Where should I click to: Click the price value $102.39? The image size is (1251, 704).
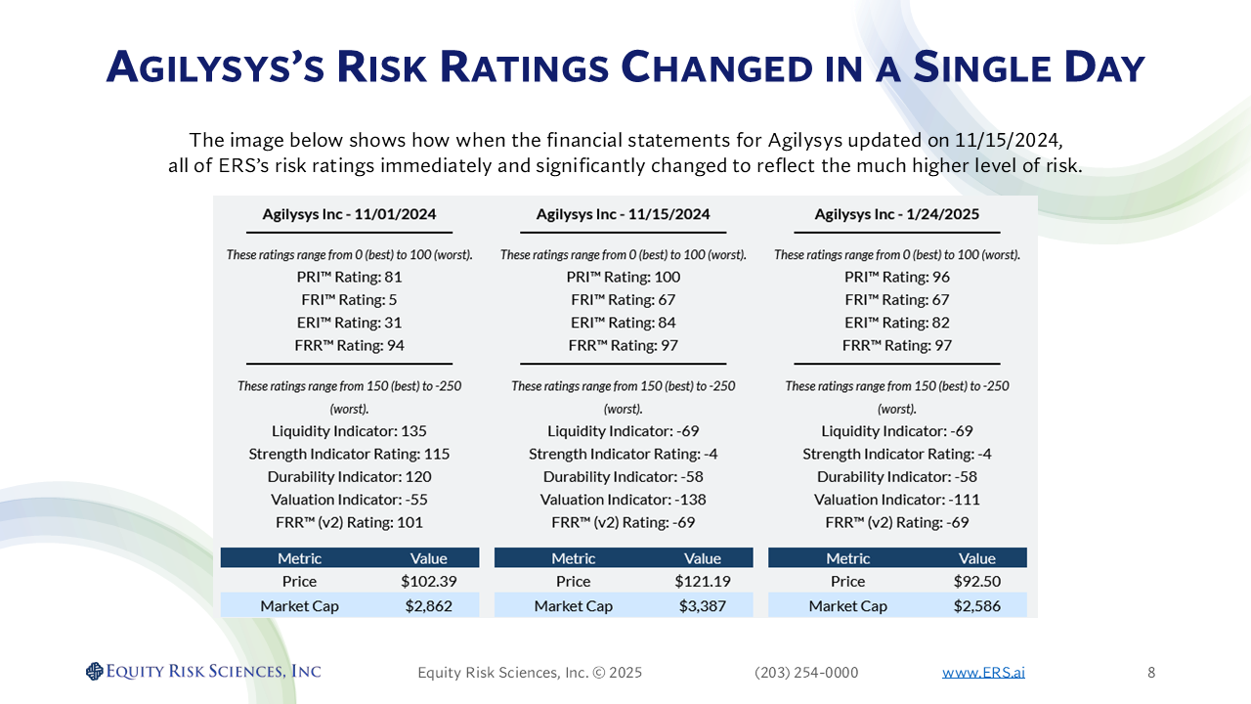[428, 581]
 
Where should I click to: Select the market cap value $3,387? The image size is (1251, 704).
[702, 606]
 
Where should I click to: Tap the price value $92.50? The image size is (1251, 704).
[976, 581]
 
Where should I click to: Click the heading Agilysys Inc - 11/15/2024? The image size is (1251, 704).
[623, 214]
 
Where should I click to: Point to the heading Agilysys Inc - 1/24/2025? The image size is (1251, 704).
[896, 214]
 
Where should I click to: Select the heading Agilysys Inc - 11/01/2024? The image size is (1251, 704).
[349, 214]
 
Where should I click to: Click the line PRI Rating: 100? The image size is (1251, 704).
[623, 277]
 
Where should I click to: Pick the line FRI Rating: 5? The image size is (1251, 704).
[349, 300]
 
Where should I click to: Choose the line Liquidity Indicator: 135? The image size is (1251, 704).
[349, 431]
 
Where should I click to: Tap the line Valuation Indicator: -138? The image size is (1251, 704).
[623, 500]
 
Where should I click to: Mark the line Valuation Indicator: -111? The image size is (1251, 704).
[896, 500]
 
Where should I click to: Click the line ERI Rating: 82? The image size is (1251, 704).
[896, 323]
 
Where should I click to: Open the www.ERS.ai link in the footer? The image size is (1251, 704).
[983, 673]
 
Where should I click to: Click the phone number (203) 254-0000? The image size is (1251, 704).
[806, 673]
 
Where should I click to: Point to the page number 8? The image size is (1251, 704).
[1151, 673]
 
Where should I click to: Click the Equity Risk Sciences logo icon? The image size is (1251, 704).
[94, 671]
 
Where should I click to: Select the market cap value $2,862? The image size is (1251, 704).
[428, 606]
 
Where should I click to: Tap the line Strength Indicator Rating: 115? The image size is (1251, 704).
[349, 454]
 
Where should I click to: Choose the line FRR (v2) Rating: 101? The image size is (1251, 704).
[349, 522]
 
